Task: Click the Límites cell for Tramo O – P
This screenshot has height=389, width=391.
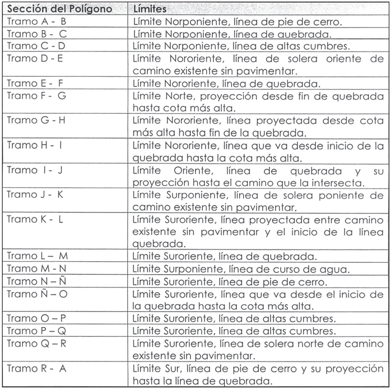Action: pyautogui.click(x=235, y=319)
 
